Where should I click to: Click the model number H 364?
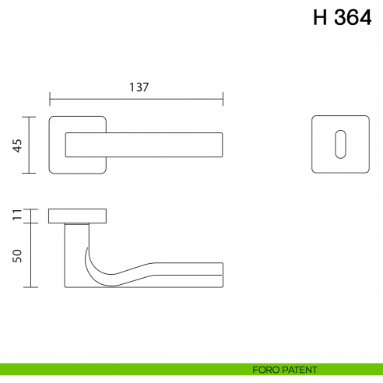pyautogui.click(x=343, y=18)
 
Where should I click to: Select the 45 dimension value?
pyautogui.click(x=16, y=146)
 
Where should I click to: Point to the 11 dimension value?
pyautogui.click(x=16, y=216)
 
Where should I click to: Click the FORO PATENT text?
pyautogui.click(x=284, y=371)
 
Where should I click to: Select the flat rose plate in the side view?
pyautogui.click(x=78, y=216)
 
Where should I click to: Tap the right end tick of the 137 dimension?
pyautogui.click(x=223, y=99)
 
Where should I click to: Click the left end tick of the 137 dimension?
pyautogui.click(x=50, y=99)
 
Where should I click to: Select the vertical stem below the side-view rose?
pyautogui.click(x=72, y=253)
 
